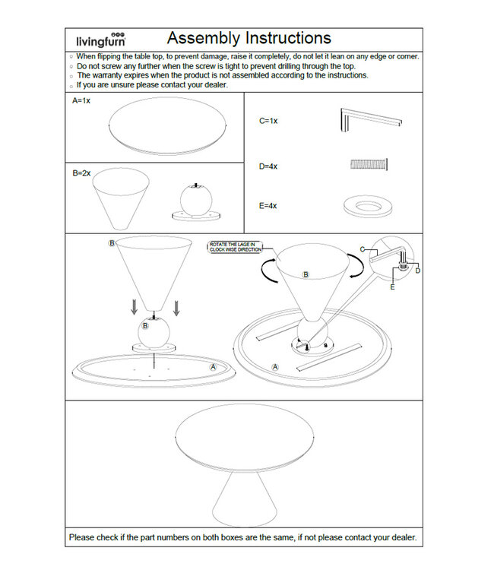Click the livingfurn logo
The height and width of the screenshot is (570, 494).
[101, 40]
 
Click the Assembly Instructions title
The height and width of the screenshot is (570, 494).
[249, 38]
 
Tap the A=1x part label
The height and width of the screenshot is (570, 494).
[81, 100]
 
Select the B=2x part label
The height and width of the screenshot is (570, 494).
[81, 173]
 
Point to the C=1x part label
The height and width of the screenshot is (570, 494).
[268, 121]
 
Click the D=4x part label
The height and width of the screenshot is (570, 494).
[268, 166]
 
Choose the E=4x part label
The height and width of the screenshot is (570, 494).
[268, 205]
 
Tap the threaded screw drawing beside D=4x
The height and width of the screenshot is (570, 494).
[369, 163]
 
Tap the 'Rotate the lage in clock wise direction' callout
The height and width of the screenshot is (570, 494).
[235, 247]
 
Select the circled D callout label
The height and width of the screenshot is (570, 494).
[417, 271]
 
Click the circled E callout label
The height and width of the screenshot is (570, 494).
[392, 288]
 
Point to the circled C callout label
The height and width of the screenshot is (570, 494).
[364, 249]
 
